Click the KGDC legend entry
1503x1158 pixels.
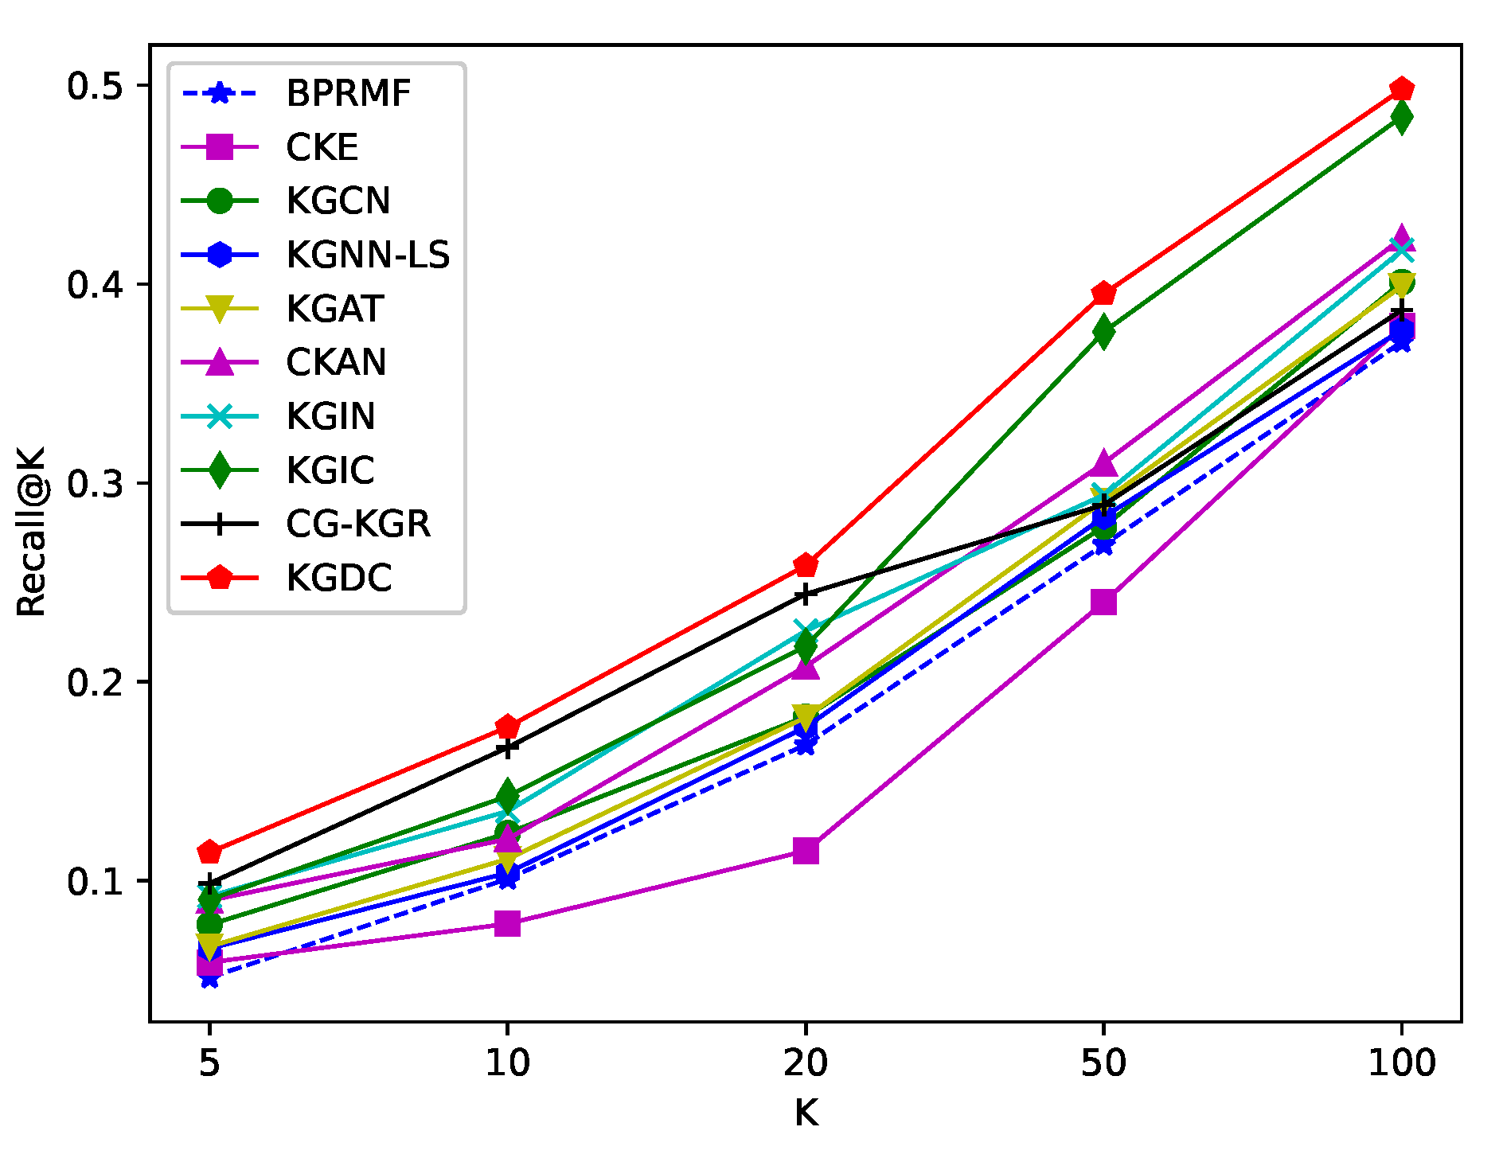coord(338,578)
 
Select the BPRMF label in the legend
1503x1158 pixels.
coord(348,93)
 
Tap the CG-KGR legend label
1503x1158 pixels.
coord(357,524)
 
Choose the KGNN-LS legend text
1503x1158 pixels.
coord(367,255)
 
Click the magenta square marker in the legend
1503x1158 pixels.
coord(220,147)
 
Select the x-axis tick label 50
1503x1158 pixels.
coord(1103,1062)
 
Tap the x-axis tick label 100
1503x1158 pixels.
coord(1401,1062)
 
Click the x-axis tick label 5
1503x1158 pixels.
coord(209,1062)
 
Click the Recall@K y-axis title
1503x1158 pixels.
coord(32,532)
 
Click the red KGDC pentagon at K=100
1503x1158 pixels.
coord(1401,89)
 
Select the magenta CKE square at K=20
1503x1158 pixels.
coord(806,851)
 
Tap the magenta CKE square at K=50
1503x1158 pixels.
coord(1103,602)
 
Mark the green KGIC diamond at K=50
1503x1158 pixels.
coord(1103,331)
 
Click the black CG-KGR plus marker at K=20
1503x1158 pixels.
coord(806,595)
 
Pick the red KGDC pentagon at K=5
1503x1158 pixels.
coord(209,852)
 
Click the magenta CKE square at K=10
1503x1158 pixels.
coord(507,923)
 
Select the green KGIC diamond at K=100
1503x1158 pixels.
coord(1401,118)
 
